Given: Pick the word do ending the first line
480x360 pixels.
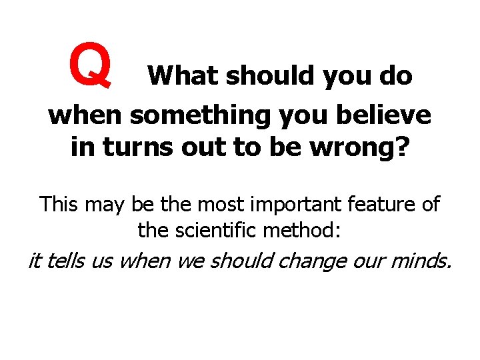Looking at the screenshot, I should click(395, 77).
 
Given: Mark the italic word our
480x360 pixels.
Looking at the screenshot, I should click(363, 261).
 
